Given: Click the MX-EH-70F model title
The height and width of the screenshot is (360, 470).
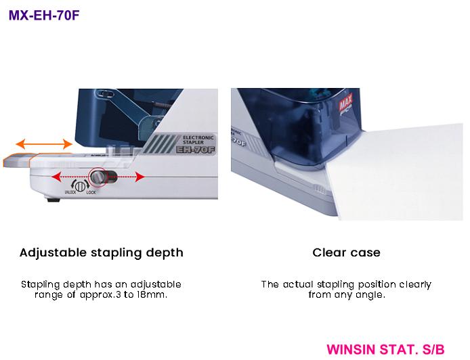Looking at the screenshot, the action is click(44, 16).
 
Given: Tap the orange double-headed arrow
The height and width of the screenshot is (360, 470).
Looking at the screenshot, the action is click(44, 144).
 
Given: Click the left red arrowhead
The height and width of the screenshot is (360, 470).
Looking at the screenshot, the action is click(56, 177).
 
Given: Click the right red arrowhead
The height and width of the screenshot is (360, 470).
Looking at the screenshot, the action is click(140, 177).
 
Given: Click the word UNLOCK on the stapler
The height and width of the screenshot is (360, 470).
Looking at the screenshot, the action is click(70, 192).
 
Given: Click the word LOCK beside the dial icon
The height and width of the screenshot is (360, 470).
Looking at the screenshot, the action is click(91, 192).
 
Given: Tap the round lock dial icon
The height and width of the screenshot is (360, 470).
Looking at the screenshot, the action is click(80, 186).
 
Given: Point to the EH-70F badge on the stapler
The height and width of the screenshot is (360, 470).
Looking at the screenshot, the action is click(196, 150).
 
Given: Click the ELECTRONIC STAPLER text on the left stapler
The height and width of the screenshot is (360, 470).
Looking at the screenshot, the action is click(198, 139).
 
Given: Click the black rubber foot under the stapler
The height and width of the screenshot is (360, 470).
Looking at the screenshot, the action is click(54, 199).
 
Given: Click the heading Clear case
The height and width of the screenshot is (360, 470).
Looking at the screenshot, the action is click(346, 252).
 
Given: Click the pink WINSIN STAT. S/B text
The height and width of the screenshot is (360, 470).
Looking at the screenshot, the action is click(385, 350).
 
